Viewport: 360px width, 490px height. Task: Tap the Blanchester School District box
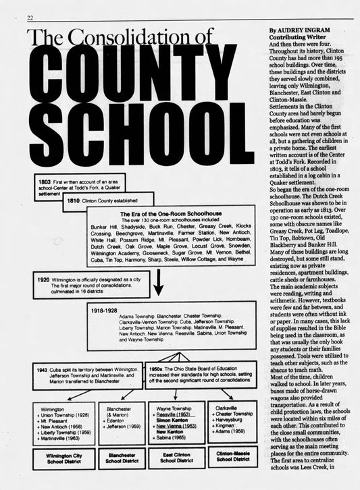[x=121, y=459]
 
